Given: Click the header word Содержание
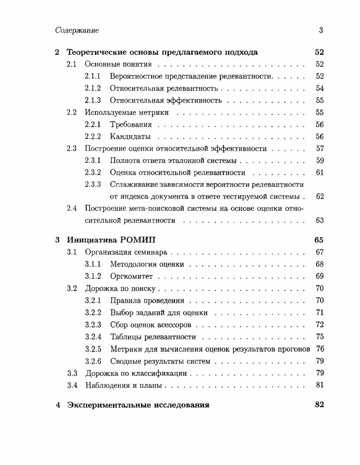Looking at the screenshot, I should coord(77,30).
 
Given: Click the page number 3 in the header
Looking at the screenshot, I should coord(321,30).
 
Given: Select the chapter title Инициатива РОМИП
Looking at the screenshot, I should coord(112,240).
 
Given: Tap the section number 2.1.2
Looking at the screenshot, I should coord(93,88).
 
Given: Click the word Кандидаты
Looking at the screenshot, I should coord(130,137).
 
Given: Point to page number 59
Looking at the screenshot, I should coord(320,161).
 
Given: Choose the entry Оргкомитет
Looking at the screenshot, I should coord(131,276).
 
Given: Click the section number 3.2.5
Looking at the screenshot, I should coord(93,349).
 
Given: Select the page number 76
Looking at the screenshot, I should coord(320,349).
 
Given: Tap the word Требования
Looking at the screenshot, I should coord(131,124).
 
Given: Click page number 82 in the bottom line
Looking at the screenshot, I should coord(319,405).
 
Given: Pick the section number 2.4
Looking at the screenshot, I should coord(72,209).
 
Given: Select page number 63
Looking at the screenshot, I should coord(320,221).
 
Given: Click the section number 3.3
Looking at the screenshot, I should coord(72,374).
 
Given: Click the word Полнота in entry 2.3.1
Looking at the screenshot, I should coord(124,161).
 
